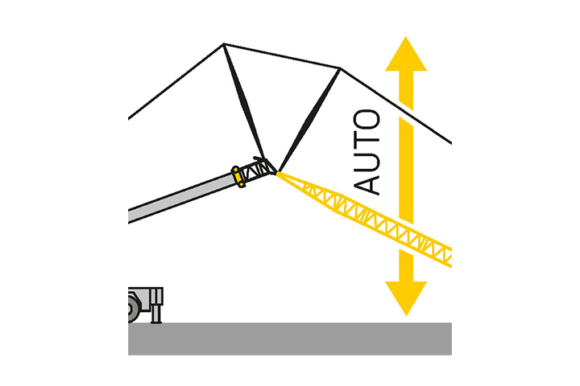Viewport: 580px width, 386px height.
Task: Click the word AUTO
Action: tap(368, 152)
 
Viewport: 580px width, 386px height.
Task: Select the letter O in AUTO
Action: tap(368, 120)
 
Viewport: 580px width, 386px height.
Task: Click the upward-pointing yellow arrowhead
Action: tap(405, 56)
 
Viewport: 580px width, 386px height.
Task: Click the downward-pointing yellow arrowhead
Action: tap(405, 296)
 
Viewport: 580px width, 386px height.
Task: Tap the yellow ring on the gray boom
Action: tap(238, 176)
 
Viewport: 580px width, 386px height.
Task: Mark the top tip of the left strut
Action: tap(224, 44)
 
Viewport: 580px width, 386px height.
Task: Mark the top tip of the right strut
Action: tap(339, 69)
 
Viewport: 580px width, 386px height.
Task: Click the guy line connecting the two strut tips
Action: tap(282, 56)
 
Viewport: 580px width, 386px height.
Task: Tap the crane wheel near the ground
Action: tap(134, 306)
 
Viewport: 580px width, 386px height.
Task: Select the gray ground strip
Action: tap(290, 338)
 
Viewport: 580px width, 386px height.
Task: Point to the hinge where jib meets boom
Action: tap(276, 171)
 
